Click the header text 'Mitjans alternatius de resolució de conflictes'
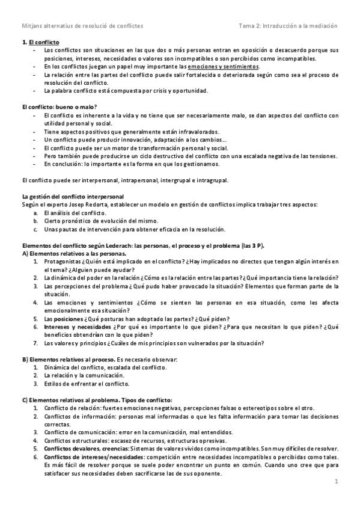(x=82, y=26)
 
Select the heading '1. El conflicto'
(x=40, y=43)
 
